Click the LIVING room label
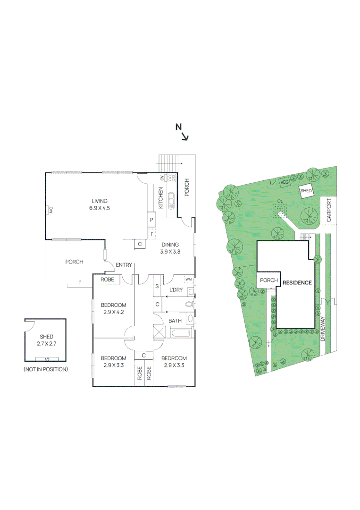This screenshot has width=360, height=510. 100,201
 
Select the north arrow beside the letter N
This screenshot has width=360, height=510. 185,137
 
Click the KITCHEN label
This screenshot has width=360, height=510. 160,198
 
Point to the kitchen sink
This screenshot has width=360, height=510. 171,202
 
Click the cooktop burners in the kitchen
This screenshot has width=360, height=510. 172,178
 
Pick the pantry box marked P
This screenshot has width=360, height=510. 151,220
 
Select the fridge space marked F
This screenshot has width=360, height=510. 152,234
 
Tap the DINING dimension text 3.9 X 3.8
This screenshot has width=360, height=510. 170,251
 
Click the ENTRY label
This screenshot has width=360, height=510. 124,265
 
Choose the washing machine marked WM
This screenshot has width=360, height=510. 189,280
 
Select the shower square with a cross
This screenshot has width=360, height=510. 159,332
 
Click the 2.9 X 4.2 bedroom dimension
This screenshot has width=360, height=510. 113,312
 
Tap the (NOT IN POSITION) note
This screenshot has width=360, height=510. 46,369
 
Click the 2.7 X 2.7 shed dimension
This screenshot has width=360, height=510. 46,343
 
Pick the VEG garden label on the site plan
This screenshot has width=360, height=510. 285,182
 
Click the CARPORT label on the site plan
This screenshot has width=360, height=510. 329,211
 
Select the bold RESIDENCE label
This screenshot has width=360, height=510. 297,283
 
